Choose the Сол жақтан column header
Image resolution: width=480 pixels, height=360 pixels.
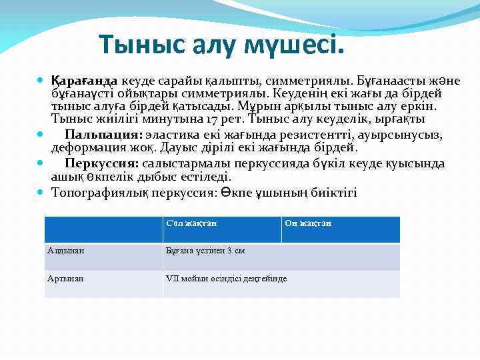coord(191,223)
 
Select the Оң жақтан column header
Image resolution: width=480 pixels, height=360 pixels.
coord(308,223)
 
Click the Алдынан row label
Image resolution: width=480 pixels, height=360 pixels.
coord(66,251)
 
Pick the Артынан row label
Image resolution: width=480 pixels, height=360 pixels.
coord(66,278)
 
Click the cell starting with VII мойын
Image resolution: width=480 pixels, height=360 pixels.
coord(226,278)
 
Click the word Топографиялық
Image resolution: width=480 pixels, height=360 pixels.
coord(95,193)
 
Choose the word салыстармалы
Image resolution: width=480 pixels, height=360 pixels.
coord(193,163)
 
